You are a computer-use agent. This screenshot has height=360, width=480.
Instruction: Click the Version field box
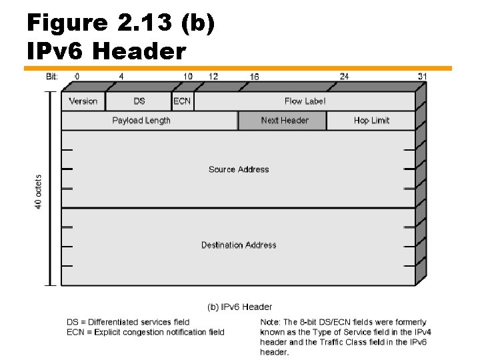(x=83, y=101)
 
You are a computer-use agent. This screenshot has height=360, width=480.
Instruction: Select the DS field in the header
(x=139, y=101)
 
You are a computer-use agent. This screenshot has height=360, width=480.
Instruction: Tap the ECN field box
(x=182, y=101)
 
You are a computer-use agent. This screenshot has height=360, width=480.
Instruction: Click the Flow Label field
(x=305, y=101)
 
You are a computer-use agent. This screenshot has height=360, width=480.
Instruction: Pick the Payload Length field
(x=141, y=121)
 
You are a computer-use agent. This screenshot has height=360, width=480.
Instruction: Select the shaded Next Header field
(x=284, y=121)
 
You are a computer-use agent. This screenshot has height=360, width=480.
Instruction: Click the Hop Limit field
(x=371, y=121)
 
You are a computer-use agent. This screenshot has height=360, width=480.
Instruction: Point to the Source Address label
(x=239, y=169)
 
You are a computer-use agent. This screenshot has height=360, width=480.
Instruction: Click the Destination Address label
(x=239, y=245)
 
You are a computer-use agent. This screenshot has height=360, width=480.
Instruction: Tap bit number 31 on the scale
(x=421, y=77)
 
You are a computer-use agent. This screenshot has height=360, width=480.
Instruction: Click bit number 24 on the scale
(x=344, y=77)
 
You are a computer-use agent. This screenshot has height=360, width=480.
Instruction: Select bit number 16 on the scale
(x=255, y=77)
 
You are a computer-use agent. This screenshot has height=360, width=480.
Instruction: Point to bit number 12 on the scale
(x=213, y=77)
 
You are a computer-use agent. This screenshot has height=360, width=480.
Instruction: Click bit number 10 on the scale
(x=189, y=77)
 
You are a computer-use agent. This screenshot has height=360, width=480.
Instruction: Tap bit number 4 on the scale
(x=121, y=77)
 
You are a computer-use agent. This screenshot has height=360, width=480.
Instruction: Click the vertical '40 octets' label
(x=39, y=192)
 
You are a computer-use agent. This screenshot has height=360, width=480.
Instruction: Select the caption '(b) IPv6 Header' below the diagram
(x=240, y=307)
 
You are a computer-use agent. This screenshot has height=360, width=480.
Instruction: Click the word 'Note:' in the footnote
(x=271, y=323)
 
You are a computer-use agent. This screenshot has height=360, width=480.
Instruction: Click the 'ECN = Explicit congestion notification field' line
(x=145, y=332)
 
